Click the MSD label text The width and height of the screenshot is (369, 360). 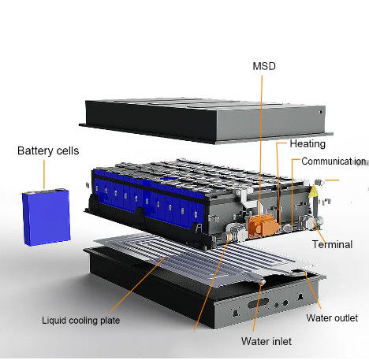[x=264, y=66]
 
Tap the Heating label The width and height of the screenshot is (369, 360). [x=307, y=144]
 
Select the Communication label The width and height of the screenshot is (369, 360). [x=334, y=161]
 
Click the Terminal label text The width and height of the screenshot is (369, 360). [x=333, y=244]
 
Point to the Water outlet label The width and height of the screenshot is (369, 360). [x=332, y=318]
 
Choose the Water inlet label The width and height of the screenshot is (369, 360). [x=266, y=341]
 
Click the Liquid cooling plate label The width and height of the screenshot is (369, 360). [x=81, y=321]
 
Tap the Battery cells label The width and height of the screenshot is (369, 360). [x=48, y=150]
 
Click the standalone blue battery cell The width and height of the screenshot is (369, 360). [x=47, y=217]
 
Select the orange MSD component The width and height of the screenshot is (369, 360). [x=263, y=225]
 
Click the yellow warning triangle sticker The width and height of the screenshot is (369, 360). [x=313, y=191]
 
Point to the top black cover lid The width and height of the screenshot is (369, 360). [x=206, y=121]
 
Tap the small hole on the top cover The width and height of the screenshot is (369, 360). [x=321, y=112]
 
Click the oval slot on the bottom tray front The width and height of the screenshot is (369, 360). [x=259, y=303]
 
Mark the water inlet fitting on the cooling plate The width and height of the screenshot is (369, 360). [x=262, y=282]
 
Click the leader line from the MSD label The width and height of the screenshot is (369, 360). [x=261, y=145]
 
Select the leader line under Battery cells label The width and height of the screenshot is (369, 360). [x=44, y=174]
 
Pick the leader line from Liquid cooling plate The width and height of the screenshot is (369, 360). [x=137, y=284]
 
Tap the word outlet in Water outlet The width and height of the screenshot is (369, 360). [x=345, y=318]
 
